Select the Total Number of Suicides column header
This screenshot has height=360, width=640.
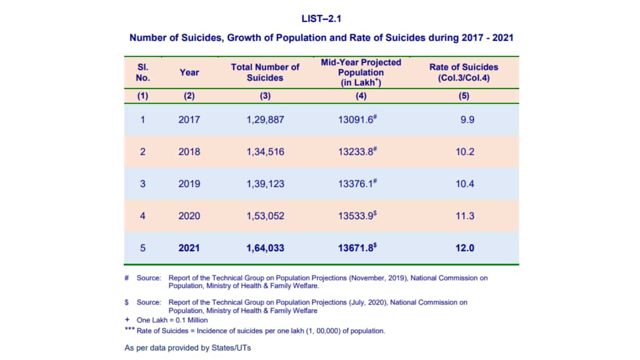click(265, 73)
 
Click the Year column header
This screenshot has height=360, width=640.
click(189, 73)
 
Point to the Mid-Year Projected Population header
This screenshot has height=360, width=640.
click(361, 73)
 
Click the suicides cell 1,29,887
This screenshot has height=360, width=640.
click(265, 119)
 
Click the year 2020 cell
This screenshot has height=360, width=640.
click(189, 216)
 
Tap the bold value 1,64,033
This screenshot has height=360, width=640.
click(265, 248)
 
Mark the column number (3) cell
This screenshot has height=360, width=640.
click(265, 96)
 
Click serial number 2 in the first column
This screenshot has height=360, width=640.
click(142, 151)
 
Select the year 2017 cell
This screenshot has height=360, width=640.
click(189, 119)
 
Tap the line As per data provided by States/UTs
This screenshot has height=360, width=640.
click(187, 348)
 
